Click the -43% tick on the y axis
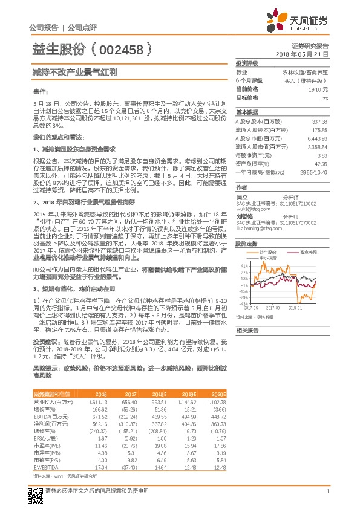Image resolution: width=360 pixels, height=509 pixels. click(244, 304)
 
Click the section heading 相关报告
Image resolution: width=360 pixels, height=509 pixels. click(247, 331)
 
